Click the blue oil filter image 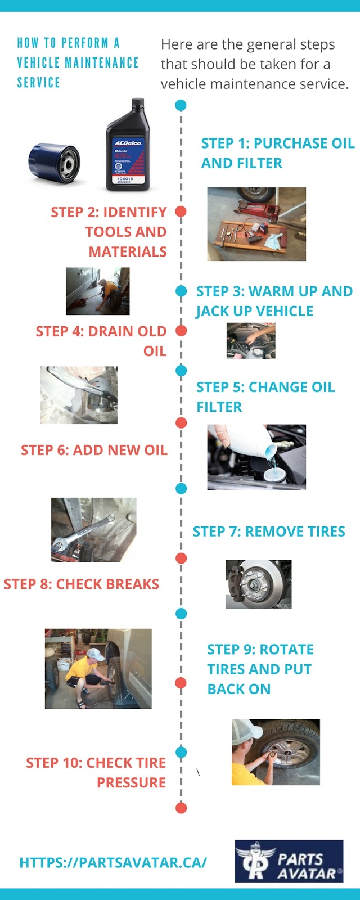[x=54, y=163]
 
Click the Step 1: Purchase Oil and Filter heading [x=277, y=153]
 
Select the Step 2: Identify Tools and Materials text [x=109, y=232]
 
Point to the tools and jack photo [x=256, y=224]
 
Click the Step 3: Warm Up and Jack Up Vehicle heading [x=274, y=301]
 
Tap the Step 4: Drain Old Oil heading [x=102, y=341]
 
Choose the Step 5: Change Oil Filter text [x=265, y=397]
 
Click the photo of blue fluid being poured [x=256, y=457]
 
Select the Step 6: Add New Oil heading [x=94, y=450]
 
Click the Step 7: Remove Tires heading [x=269, y=532]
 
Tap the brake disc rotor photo [x=259, y=584]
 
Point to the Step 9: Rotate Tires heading [x=260, y=669]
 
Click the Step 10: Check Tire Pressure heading [x=96, y=772]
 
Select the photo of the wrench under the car [x=93, y=529]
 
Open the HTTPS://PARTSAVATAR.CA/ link [x=113, y=862]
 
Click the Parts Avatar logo [x=289, y=861]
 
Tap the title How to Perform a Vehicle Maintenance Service [x=78, y=62]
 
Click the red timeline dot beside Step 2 [x=181, y=211]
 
